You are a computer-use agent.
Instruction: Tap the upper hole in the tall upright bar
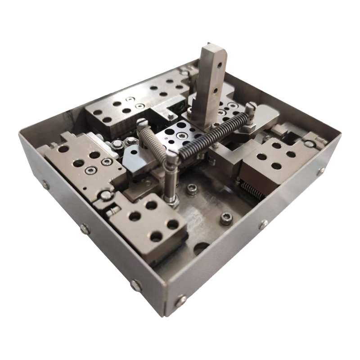pyautogui.click(x=219, y=66)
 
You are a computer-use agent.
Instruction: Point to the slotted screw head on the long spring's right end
pyautogui.click(x=250, y=108)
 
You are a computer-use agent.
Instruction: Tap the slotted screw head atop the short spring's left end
pyautogui.click(x=143, y=122)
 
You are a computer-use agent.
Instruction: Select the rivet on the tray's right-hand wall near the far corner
pyautogui.click(x=321, y=171)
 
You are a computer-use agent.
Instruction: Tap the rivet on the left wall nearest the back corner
pyautogui.click(x=45, y=184)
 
